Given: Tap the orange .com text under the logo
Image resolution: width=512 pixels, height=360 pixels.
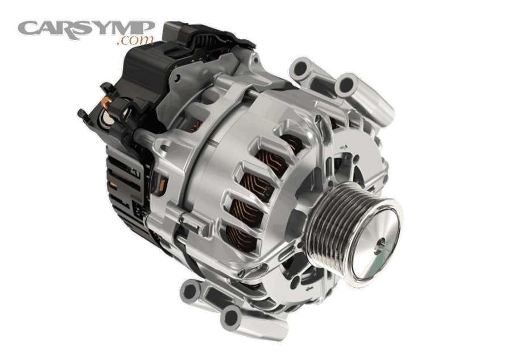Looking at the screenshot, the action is [136, 40].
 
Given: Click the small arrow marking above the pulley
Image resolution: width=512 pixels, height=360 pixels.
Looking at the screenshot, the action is [344, 147].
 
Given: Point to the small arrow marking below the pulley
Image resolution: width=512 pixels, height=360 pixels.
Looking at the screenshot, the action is [308, 288].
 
